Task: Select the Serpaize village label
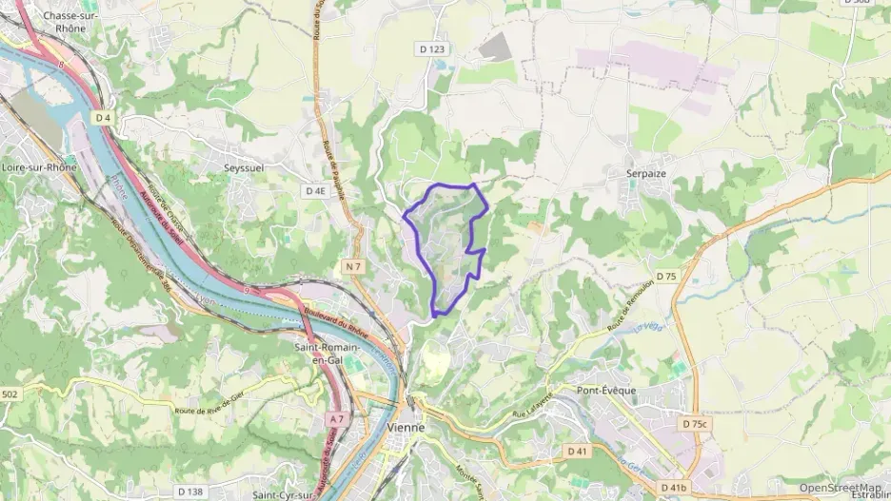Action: point(646,174)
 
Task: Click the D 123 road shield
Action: point(431,48)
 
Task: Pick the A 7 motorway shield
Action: point(336,418)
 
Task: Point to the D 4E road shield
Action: point(316,191)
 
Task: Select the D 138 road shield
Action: point(190,491)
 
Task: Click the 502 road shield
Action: point(10,394)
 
